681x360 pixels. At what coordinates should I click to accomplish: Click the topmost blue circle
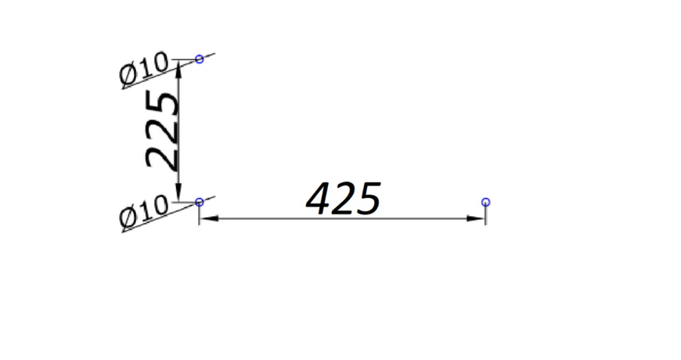[200, 56]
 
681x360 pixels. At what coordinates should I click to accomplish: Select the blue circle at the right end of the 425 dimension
[485, 199]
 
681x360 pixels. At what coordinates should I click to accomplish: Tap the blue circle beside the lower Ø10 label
[200, 199]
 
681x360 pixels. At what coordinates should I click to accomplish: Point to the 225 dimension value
[161, 129]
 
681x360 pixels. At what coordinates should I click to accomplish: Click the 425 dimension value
[344, 199]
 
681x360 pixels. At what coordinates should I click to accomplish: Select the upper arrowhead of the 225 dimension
[178, 70]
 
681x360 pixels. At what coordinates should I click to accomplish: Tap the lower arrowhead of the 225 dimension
[178, 192]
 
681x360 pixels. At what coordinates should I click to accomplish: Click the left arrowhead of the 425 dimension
[209, 218]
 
